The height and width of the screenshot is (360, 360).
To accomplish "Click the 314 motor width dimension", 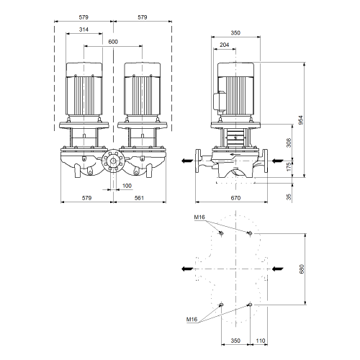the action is [x=84, y=30].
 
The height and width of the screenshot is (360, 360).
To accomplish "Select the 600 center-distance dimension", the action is [x=113, y=42].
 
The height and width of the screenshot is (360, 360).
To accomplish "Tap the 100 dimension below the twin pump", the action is [x=127, y=186].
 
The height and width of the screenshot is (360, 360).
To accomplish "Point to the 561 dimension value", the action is [x=139, y=198].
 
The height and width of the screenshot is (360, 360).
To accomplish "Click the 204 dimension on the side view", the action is [x=225, y=45].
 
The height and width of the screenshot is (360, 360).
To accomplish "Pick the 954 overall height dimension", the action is [x=301, y=120].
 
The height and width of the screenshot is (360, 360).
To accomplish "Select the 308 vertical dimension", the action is [x=289, y=143].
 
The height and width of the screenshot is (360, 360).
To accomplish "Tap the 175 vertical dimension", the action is [x=289, y=166].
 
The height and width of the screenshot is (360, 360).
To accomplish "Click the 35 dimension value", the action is [x=289, y=197].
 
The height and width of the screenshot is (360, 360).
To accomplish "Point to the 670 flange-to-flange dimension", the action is [x=235, y=198].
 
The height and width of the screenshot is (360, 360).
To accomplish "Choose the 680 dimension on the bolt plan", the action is [x=302, y=269].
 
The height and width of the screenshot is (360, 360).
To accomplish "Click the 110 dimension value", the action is [x=261, y=341].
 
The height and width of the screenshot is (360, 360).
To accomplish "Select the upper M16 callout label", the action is [x=199, y=217].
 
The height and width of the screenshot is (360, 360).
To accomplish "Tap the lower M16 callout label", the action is [x=192, y=320].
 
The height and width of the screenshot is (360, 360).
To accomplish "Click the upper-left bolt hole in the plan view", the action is [x=221, y=233].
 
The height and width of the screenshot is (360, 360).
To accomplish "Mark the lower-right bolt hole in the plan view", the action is [x=250, y=305].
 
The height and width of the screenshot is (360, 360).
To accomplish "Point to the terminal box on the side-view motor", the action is [x=219, y=103].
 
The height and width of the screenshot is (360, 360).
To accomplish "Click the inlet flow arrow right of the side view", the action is [x=278, y=161].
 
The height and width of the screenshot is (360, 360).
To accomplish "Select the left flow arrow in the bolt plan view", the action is [x=187, y=269].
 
